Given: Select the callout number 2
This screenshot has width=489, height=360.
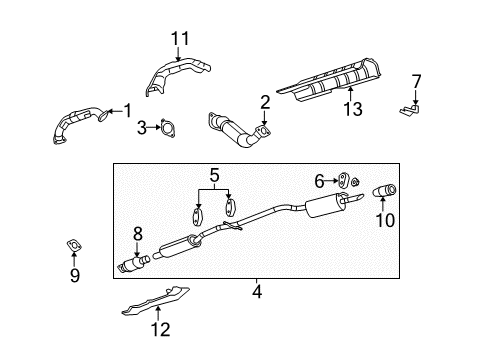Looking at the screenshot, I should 265,101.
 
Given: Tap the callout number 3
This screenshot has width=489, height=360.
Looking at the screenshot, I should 143,127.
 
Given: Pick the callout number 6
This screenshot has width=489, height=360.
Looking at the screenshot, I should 320,180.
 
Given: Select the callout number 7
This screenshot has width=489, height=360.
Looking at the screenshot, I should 417,80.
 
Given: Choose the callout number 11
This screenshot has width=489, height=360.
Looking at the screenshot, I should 179,40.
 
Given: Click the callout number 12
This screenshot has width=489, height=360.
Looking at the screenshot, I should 161,328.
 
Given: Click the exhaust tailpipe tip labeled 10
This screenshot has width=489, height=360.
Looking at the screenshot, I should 385,190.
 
